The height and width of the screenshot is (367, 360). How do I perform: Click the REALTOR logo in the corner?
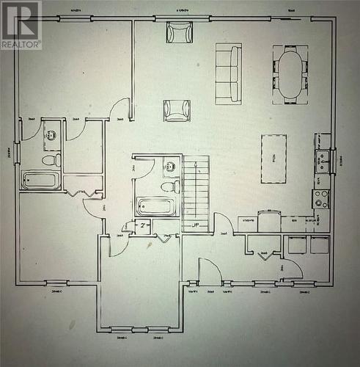[21, 25]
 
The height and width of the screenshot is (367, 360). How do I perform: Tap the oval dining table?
[290, 74]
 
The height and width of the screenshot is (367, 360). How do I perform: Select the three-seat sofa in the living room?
[228, 73]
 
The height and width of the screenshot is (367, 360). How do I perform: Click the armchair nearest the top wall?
[179, 32]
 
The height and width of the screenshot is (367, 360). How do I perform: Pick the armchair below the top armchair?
[177, 110]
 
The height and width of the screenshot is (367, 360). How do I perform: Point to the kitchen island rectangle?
[273, 158]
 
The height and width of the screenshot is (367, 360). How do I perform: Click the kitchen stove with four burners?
[321, 198]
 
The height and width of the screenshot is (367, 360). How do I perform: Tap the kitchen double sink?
[322, 161]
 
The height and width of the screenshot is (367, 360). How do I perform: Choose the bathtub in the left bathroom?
[41, 180]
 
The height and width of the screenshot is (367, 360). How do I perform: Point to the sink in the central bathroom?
[170, 167]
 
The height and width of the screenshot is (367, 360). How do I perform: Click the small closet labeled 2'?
[144, 228]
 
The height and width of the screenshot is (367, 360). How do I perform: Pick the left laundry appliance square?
[297, 245]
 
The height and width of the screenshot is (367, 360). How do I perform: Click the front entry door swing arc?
[210, 269]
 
